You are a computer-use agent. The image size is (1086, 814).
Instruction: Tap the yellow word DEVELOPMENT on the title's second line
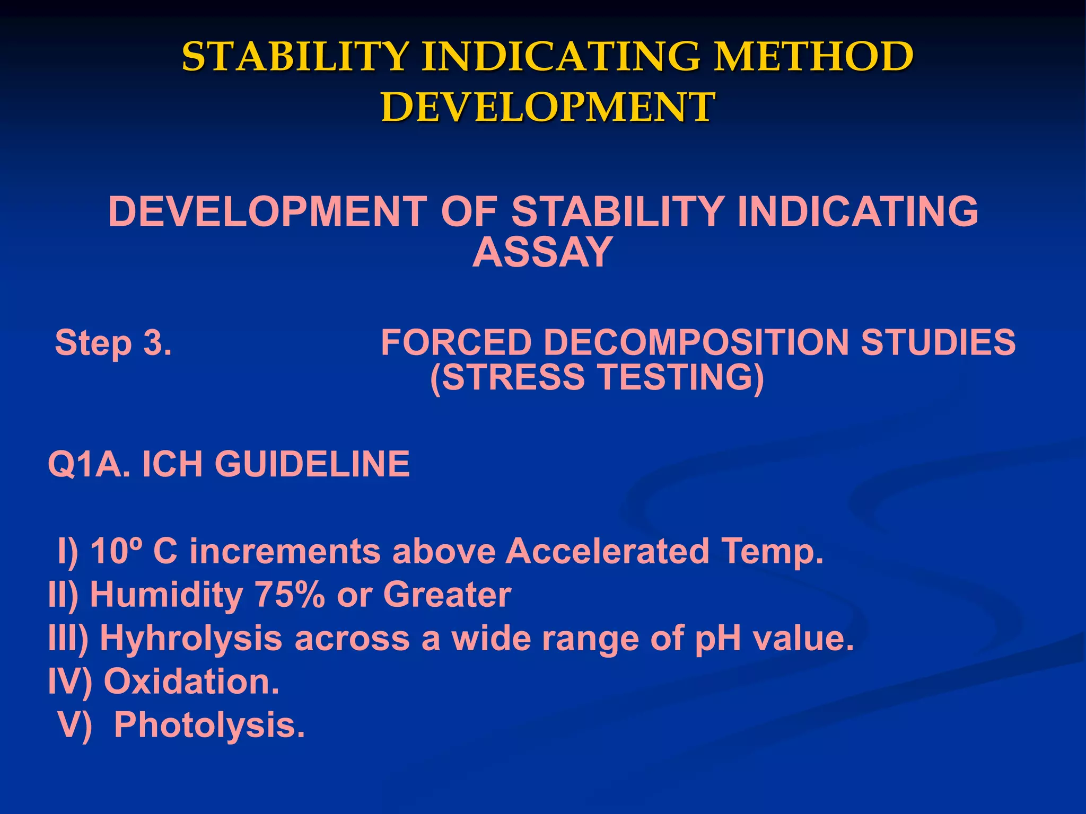[x=548, y=107]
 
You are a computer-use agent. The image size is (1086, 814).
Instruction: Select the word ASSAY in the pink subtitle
[x=542, y=252]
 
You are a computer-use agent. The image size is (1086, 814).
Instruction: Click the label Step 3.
[x=113, y=343]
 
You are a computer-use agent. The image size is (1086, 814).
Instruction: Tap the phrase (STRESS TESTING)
[x=597, y=377]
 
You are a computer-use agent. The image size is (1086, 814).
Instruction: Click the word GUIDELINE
[x=312, y=464]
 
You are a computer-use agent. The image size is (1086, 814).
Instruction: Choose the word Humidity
[x=167, y=595]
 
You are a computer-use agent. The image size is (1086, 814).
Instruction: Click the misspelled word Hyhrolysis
[x=191, y=638]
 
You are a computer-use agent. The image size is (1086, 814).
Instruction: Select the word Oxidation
[x=191, y=682]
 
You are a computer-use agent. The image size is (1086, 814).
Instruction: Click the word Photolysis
[x=209, y=725]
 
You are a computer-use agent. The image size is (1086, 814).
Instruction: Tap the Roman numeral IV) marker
[x=70, y=682]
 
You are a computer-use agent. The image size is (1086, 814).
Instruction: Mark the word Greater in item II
[x=447, y=595]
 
